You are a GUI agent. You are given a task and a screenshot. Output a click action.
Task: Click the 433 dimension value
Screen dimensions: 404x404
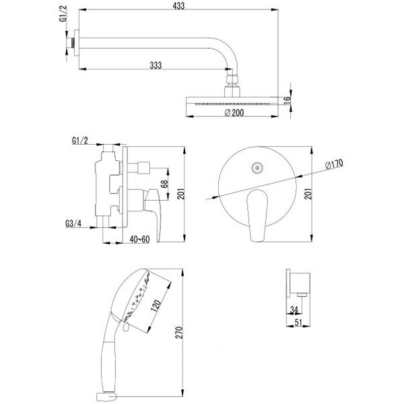[179, 6]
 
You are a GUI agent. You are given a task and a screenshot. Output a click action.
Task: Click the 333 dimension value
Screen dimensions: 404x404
[156, 65]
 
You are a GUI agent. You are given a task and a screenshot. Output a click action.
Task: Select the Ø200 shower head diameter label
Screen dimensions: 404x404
[234, 113]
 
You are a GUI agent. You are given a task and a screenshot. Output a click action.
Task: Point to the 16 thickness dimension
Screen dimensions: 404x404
[287, 100]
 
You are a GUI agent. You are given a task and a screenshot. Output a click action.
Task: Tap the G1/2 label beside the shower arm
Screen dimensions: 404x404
[64, 14]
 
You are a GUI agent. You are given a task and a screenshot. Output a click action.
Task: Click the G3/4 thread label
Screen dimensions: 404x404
[73, 223]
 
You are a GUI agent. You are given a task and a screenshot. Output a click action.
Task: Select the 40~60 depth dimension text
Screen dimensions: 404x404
[139, 239]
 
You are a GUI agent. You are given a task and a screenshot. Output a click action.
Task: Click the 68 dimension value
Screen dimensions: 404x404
[164, 184]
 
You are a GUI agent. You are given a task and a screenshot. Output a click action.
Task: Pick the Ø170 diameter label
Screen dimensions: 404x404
[334, 164]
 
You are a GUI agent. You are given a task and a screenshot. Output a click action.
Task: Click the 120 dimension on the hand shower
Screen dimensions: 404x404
[156, 306]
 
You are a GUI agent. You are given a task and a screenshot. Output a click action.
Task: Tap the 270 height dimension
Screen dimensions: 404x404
[179, 333]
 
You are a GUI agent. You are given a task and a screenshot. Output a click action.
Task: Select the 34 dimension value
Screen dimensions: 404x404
[294, 310]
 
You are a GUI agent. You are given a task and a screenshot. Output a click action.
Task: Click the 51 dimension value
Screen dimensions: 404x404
[298, 323]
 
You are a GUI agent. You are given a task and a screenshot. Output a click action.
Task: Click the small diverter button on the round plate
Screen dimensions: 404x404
[257, 168]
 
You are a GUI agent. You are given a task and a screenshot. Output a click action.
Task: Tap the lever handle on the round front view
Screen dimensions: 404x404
[257, 216]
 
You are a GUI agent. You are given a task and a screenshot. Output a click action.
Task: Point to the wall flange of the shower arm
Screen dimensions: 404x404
[77, 43]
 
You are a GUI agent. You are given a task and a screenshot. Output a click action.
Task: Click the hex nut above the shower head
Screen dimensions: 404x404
[233, 79]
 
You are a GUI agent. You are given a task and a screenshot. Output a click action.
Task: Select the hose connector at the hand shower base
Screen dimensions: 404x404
[106, 397]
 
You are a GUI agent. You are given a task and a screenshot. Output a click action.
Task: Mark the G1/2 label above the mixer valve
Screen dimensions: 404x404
[80, 141]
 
